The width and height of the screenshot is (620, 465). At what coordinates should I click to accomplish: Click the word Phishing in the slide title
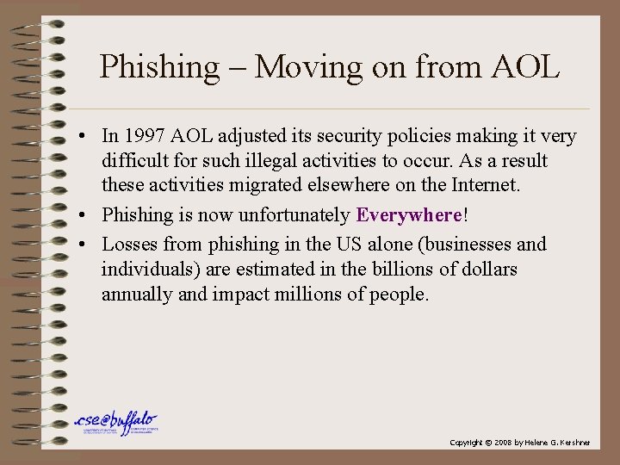pyautogui.click(x=159, y=67)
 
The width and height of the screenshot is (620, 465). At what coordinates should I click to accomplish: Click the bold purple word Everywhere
pyautogui.click(x=409, y=215)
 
